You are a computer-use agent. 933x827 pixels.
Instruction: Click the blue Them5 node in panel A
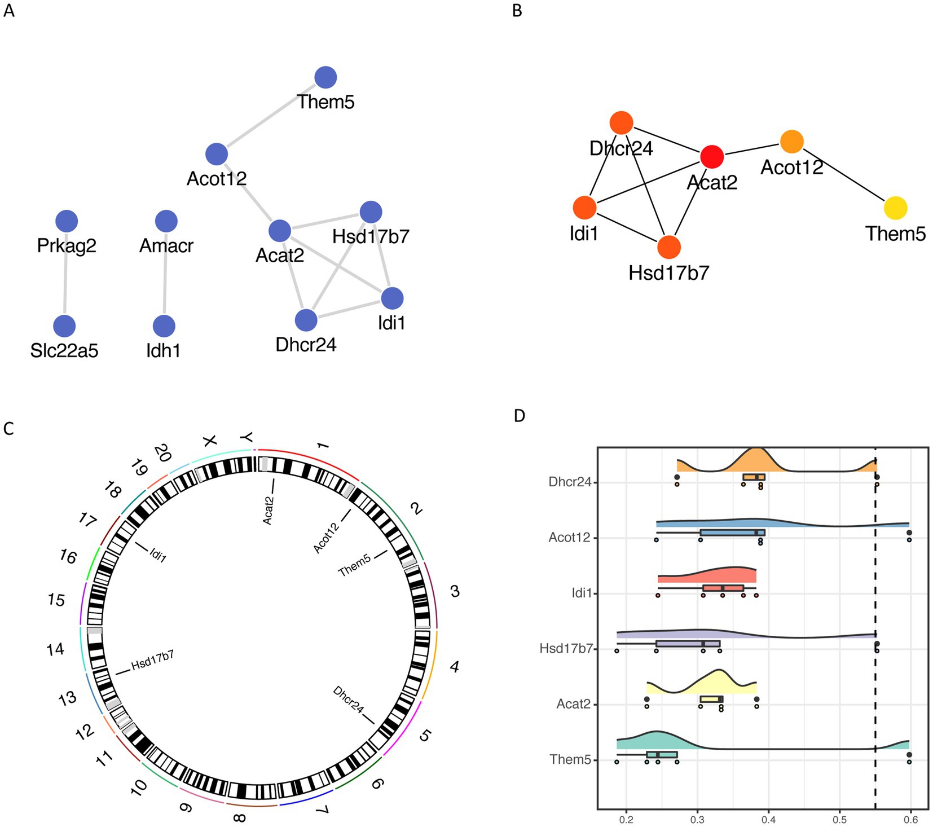(325, 77)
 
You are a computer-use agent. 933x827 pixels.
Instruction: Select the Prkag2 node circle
(67, 221)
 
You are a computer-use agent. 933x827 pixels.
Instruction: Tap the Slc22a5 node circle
(64, 326)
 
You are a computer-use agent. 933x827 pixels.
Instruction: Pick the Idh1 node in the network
(164, 326)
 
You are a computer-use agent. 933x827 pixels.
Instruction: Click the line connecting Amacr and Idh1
(165, 274)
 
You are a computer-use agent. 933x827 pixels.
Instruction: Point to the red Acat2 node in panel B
(712, 156)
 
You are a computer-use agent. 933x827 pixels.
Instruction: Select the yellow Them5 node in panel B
(895, 208)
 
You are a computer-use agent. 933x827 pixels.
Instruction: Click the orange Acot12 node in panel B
(792, 141)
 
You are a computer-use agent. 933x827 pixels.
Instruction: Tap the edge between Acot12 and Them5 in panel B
(843, 174)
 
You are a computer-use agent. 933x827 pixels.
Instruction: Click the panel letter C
(8, 429)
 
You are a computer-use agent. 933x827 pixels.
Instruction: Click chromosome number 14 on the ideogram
(55, 650)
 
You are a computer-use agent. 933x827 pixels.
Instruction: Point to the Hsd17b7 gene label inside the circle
(152, 661)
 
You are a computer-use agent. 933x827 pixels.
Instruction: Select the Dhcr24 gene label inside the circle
(348, 700)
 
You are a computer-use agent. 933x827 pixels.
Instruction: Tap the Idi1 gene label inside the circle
(159, 556)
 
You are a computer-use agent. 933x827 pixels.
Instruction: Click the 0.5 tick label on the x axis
(840, 819)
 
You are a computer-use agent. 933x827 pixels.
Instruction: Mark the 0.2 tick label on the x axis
(626, 819)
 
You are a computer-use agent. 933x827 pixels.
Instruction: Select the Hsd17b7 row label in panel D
(566, 649)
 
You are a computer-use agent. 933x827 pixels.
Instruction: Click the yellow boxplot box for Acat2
(711, 700)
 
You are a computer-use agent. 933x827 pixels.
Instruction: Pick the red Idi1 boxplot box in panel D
(723, 588)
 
